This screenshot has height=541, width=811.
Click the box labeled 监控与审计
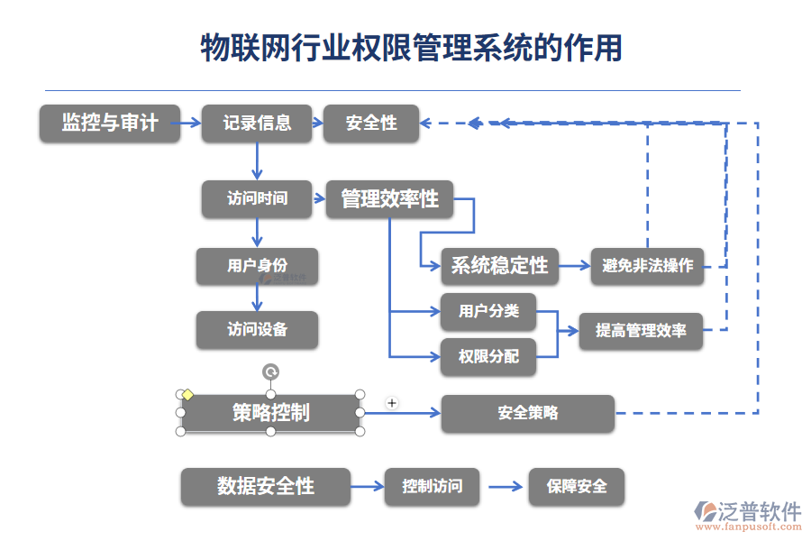pyautogui.click(x=109, y=124)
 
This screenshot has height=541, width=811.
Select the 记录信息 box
pyautogui.click(x=257, y=124)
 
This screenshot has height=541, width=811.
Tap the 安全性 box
pyautogui.click(x=371, y=124)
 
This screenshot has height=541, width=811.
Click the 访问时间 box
pyautogui.click(x=257, y=198)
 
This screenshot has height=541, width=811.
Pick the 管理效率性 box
pyautogui.click(x=389, y=199)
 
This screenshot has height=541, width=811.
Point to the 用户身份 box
pyautogui.click(x=257, y=266)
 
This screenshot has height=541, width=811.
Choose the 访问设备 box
pyautogui.click(x=257, y=330)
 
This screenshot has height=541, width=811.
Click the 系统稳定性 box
pyautogui.click(x=499, y=266)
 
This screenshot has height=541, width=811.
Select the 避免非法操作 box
pyautogui.click(x=647, y=266)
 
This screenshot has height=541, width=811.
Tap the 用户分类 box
pyautogui.click(x=488, y=311)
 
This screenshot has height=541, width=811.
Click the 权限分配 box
pyautogui.click(x=488, y=357)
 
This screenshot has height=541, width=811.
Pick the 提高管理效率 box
pyautogui.click(x=641, y=331)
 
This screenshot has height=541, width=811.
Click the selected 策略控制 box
pyautogui.click(x=270, y=413)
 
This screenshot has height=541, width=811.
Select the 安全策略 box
pyautogui.click(x=527, y=414)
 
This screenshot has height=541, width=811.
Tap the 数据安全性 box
pyautogui.click(x=265, y=487)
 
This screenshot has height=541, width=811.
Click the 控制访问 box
pyautogui.click(x=432, y=487)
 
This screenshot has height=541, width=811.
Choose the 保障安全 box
pyautogui.click(x=576, y=487)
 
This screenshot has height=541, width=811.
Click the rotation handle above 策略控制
pyautogui.click(x=270, y=371)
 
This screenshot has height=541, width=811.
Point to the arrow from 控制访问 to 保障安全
pyautogui.click(x=505, y=487)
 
